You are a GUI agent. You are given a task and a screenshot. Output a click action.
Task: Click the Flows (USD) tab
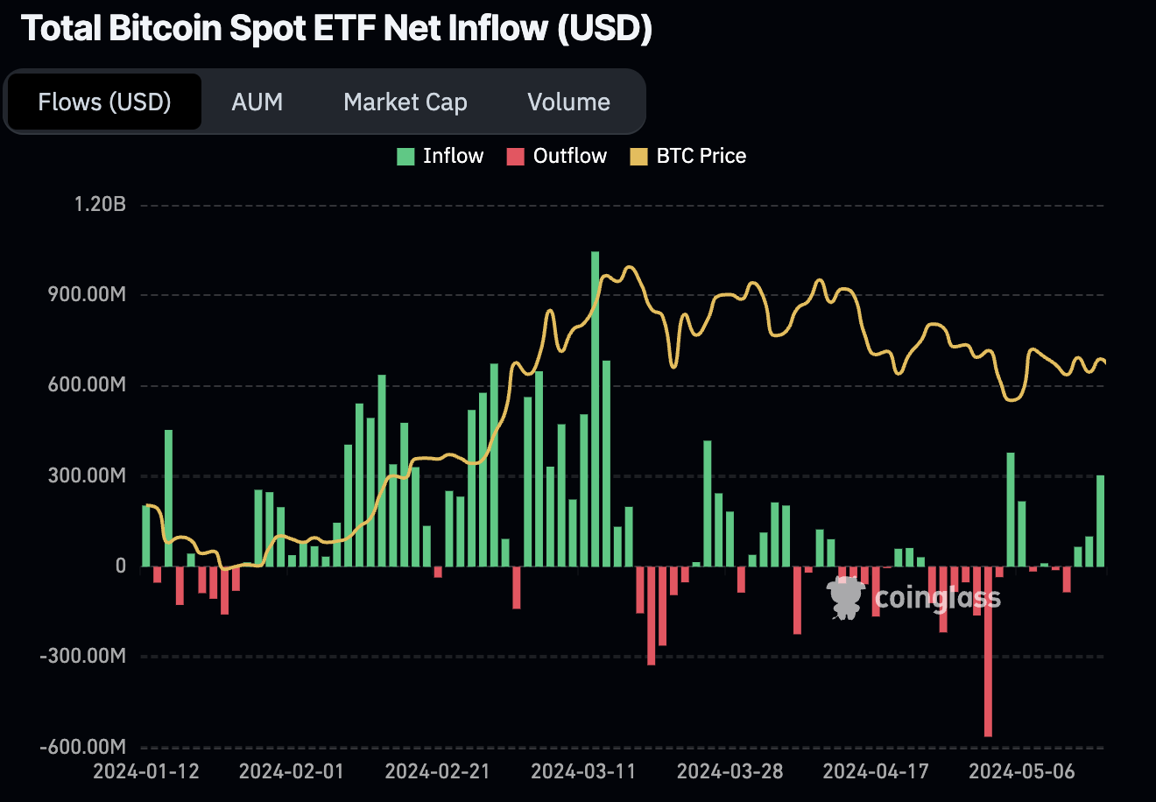[104, 102]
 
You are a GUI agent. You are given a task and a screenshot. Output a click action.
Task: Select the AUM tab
[257, 102]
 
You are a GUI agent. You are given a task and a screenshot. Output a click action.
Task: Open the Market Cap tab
[405, 102]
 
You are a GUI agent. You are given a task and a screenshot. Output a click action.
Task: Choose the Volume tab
[568, 102]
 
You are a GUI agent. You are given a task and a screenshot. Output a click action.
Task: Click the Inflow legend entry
[441, 157]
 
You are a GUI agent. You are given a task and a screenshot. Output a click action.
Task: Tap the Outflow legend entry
[557, 157]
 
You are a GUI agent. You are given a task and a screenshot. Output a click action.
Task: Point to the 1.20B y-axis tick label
[100, 205]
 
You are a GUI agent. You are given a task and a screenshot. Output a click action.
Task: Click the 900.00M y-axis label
[88, 295]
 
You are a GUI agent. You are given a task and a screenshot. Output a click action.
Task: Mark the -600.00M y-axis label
[83, 747]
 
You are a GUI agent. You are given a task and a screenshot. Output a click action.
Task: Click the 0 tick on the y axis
[121, 566]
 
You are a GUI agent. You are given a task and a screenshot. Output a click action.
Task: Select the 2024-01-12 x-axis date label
[146, 771]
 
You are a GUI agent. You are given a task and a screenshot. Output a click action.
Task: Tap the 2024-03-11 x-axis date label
[584, 771]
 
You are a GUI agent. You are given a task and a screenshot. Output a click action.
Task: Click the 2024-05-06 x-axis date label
[1022, 771]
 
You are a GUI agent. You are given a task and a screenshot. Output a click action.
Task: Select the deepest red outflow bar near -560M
[988, 651]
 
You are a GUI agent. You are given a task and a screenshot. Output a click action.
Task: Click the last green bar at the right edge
[1100, 521]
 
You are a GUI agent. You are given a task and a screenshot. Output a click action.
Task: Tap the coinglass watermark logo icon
[846, 598]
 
